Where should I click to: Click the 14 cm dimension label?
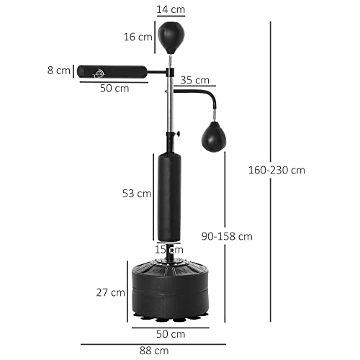(171, 10)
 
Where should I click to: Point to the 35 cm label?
(195, 80)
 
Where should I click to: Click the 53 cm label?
(137, 193)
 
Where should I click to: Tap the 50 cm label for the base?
(171, 333)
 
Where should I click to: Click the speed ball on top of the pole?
(171, 35)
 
